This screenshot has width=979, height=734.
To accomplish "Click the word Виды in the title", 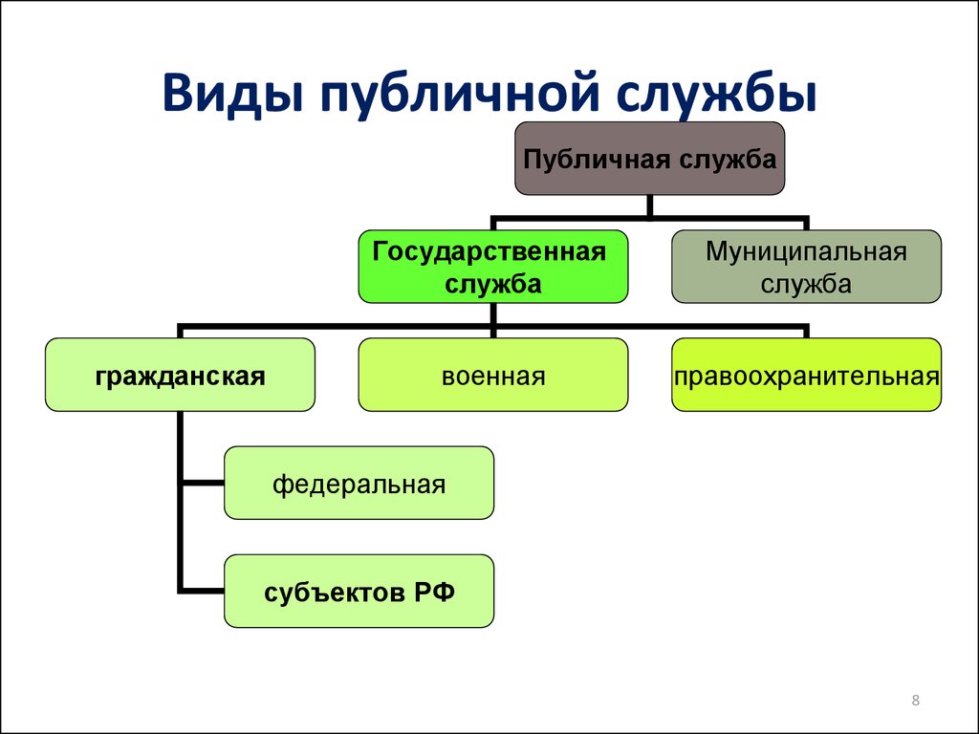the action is click(228, 93).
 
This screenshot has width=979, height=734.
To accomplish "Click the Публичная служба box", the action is click(649, 159).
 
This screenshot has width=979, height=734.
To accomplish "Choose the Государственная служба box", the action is click(493, 267).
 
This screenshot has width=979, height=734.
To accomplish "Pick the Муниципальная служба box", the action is click(806, 267).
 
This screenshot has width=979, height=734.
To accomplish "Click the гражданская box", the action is click(180, 375).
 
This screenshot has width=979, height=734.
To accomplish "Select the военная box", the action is click(493, 375).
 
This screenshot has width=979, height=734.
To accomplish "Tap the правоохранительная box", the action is click(806, 375).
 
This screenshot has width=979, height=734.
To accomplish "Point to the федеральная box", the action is click(359, 483).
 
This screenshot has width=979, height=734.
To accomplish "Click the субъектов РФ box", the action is click(359, 591).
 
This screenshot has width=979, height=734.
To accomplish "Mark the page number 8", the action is click(915, 701).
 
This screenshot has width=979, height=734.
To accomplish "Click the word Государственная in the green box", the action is click(489, 252).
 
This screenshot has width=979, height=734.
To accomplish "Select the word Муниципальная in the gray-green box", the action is click(806, 252).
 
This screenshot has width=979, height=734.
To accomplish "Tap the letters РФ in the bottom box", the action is click(434, 592).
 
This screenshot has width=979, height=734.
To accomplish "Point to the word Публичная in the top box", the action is click(597, 160).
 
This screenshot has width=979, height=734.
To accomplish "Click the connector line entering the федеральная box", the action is click(204, 483).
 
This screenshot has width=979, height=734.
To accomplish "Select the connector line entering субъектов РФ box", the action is click(204, 591).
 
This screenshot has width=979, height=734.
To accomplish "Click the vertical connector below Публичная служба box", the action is click(650, 207).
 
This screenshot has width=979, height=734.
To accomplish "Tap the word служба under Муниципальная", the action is click(806, 285).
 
